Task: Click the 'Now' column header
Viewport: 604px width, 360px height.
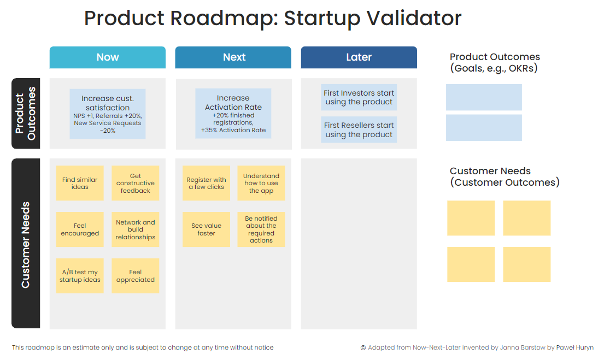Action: coord(108,57)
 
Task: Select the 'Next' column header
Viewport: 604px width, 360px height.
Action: coord(233,57)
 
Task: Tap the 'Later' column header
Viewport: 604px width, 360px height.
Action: coord(359,57)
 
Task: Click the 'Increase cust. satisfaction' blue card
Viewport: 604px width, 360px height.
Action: coord(108,114)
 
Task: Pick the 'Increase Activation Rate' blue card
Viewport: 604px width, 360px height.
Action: coord(233,113)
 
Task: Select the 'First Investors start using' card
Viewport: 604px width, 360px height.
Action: coord(359,98)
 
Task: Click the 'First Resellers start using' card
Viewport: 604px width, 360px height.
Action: coord(359,130)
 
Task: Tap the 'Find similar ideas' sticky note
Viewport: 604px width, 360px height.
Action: coord(80,184)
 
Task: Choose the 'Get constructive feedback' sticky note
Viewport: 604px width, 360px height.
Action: coord(136,184)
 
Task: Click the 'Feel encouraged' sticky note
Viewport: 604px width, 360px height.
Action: coord(80,229)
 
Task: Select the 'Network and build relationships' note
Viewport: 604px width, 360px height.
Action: coord(136,229)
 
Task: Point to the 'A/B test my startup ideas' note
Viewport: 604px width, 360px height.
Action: coord(80,276)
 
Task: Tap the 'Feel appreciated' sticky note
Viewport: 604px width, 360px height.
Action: coord(136,276)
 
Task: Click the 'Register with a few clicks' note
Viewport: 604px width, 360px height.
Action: coord(206,184)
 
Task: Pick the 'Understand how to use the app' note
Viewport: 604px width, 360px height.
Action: coord(261,184)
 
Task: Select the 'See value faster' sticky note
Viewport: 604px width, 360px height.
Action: coord(206,229)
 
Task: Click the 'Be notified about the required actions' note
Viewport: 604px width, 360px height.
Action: coord(261,229)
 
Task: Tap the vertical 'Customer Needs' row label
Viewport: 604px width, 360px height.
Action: coord(26,244)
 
